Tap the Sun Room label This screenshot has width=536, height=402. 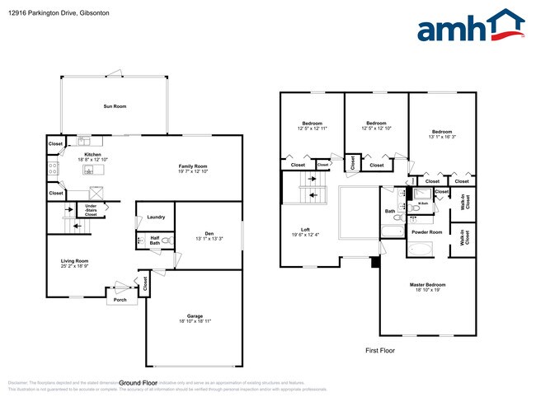pyautogui.click(x=115, y=106)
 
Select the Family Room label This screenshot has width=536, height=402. pyautogui.click(x=193, y=166)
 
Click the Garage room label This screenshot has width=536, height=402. pyautogui.click(x=195, y=316)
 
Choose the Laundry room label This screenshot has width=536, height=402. pyautogui.click(x=156, y=217)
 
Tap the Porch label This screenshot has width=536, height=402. pyautogui.click(x=120, y=300)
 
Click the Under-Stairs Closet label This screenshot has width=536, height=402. pyautogui.click(x=91, y=210)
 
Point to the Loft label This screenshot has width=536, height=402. pyautogui.click(x=305, y=230)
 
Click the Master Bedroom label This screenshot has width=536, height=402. pyautogui.click(x=428, y=285)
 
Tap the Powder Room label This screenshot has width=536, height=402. pyautogui.click(x=426, y=232)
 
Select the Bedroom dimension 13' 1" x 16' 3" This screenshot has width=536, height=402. pyautogui.click(x=442, y=138)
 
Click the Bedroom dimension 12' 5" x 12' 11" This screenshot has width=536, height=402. pyautogui.click(x=312, y=129)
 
